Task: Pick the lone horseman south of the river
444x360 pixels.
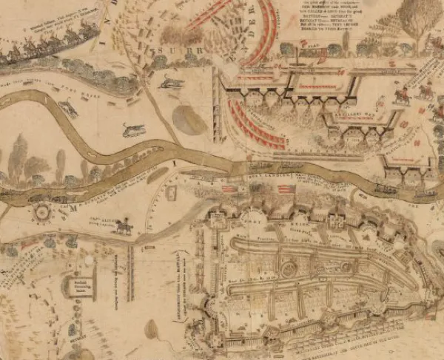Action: [x=122, y=226]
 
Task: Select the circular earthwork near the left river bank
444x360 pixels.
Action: [x=42, y=214]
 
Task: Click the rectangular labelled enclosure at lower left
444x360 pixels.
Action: [x=80, y=287]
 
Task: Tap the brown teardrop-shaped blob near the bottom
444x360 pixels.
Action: [x=151, y=329]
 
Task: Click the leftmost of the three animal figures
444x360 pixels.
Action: [x=68, y=109]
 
